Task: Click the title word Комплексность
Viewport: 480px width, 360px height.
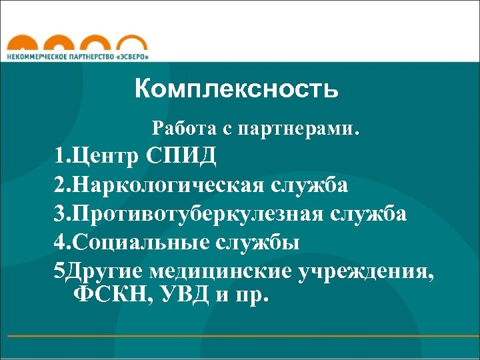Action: pyautogui.click(x=237, y=89)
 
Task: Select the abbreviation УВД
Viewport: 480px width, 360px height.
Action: pyautogui.click(x=185, y=294)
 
